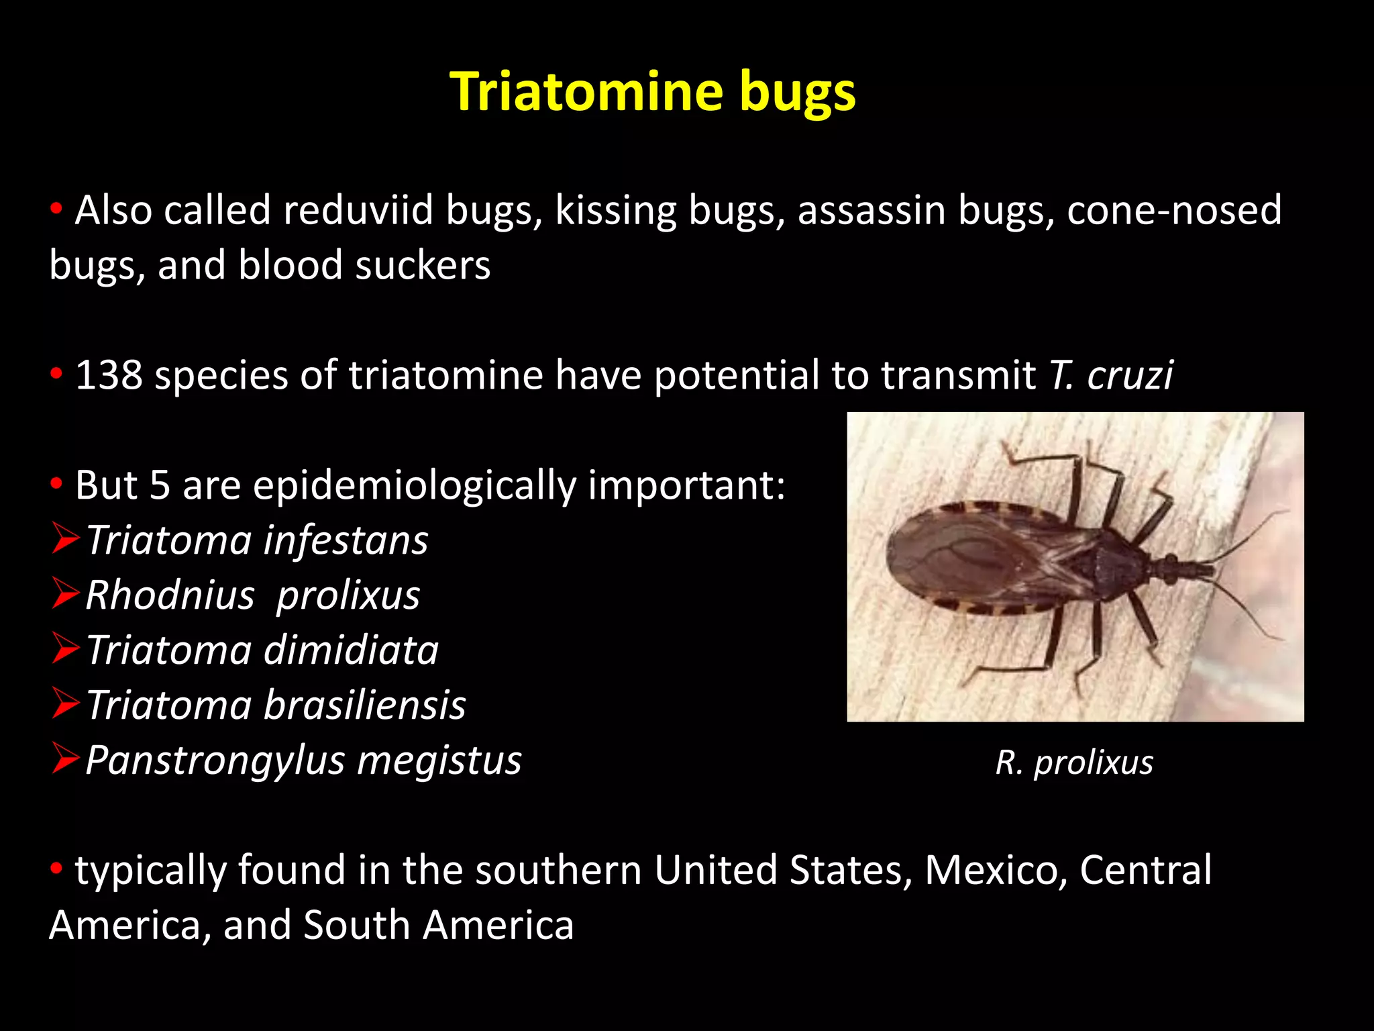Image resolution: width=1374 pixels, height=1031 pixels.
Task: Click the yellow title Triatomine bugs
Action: click(x=653, y=92)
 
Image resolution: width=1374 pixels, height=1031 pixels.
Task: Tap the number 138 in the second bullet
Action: click(x=109, y=375)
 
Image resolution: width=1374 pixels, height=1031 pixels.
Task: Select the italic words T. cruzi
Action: click(x=1110, y=375)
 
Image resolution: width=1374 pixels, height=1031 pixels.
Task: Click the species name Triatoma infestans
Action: click(x=257, y=540)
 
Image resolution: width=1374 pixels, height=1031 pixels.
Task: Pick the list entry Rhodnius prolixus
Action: click(x=253, y=595)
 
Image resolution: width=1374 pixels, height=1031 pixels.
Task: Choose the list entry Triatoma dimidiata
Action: click(x=262, y=650)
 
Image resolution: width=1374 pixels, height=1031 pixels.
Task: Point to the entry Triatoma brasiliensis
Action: click(x=276, y=705)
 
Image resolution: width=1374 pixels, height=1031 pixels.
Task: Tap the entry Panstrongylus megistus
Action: click(x=303, y=760)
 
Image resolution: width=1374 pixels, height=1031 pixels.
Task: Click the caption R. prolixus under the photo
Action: click(x=1074, y=763)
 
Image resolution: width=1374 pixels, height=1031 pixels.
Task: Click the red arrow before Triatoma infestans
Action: click(x=66, y=540)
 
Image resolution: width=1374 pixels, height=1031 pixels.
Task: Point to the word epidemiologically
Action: click(x=414, y=485)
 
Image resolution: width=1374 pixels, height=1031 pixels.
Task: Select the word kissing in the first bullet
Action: click(x=616, y=211)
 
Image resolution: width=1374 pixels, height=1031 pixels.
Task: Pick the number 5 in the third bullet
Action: click(x=160, y=485)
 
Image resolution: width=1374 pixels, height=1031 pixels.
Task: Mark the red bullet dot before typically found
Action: click(x=57, y=868)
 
